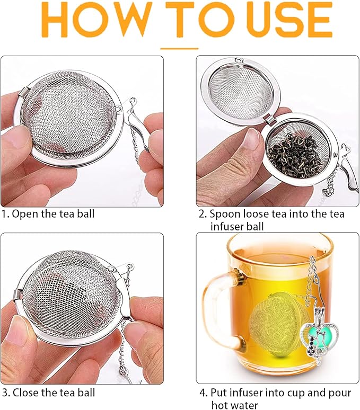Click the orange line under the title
(x=179, y=48)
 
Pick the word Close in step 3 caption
(x=24, y=393)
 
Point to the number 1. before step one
(x=5, y=215)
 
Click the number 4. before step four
(x=203, y=393)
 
